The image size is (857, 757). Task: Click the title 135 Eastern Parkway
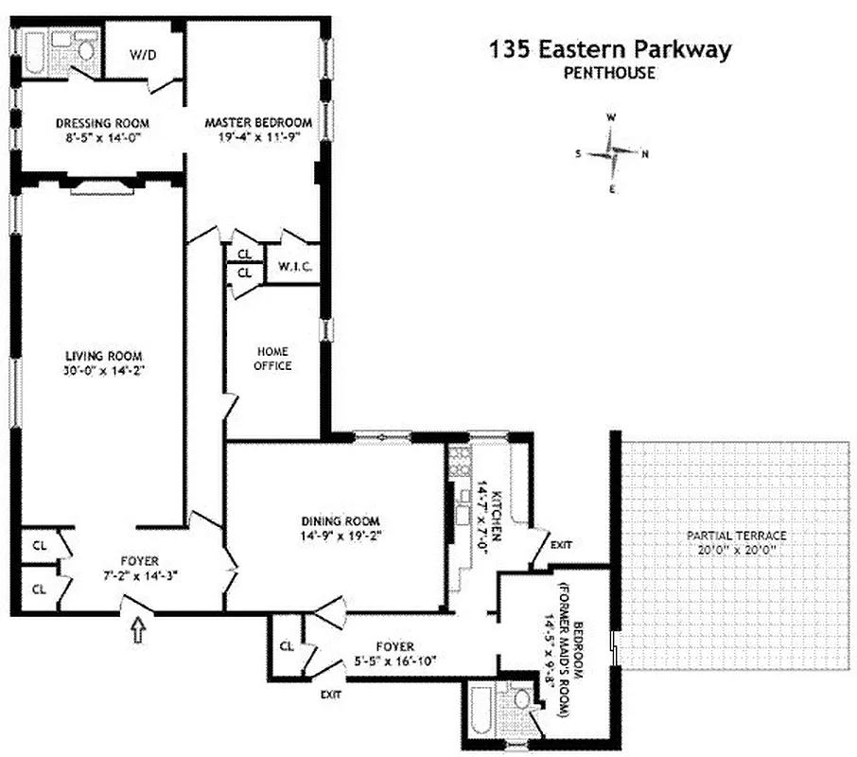(610, 49)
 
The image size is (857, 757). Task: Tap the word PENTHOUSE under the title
(609, 74)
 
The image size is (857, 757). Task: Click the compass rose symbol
(612, 152)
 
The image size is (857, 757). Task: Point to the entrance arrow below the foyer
(140, 629)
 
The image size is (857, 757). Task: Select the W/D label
(143, 55)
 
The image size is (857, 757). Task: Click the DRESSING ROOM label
(102, 123)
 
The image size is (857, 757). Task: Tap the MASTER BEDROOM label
(258, 123)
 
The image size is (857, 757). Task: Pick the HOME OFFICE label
(273, 358)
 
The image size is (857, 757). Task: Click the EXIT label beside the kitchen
(561, 545)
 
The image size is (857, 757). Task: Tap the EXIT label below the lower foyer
(330, 695)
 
